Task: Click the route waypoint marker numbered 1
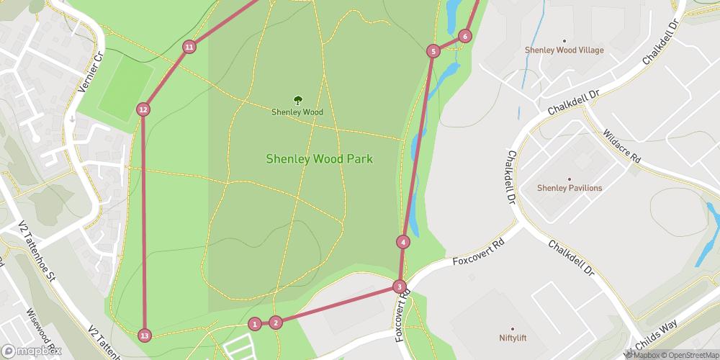[x=254, y=324]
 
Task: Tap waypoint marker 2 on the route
[x=276, y=322]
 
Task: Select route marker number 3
[x=399, y=287]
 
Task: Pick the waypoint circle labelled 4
[x=403, y=242]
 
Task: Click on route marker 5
[x=433, y=51]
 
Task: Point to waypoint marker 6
[x=464, y=36]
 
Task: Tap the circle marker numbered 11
[x=189, y=48]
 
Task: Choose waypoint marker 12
[x=143, y=109]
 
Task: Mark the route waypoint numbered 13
[x=145, y=336]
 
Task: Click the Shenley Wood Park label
[x=320, y=159]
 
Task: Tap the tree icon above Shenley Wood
[x=297, y=100]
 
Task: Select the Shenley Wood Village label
[x=564, y=50]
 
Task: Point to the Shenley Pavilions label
[x=569, y=188]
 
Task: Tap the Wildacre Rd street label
[x=622, y=146]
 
